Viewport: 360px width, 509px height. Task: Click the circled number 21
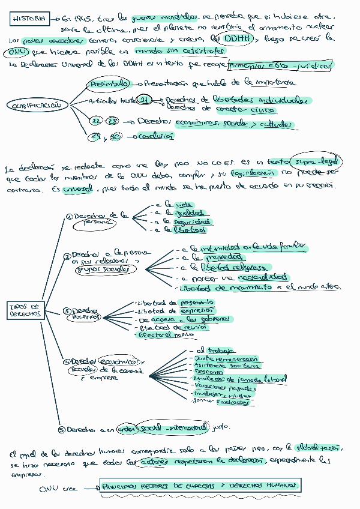pos(145,100)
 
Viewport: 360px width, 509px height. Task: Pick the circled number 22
pos(97,122)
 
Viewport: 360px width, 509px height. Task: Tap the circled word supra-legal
pos(315,163)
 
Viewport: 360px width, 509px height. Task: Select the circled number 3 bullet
pos(67,310)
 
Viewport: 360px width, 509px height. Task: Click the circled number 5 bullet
pos(61,429)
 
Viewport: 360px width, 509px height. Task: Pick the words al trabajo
pos(208,350)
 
